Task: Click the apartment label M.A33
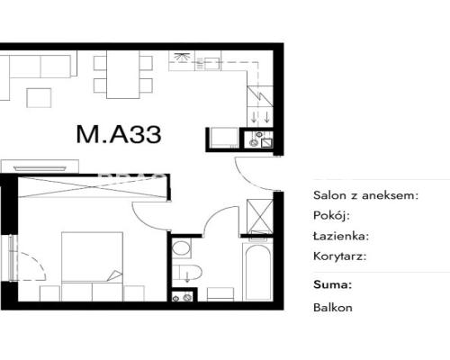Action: (x=119, y=134)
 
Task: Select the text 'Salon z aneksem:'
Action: (x=365, y=195)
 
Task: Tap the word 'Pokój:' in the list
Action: (x=331, y=215)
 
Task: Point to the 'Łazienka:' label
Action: (x=341, y=236)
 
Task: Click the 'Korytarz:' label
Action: (x=340, y=256)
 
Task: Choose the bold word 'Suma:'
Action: (x=332, y=284)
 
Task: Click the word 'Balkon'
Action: (x=333, y=308)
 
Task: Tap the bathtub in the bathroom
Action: (x=257, y=272)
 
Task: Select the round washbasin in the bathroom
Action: (x=181, y=248)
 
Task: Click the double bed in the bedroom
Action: (x=92, y=266)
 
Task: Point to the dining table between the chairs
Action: (x=123, y=75)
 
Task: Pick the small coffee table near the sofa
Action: (x=39, y=98)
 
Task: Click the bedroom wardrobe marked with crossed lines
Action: (x=93, y=187)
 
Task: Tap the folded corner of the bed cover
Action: (x=114, y=276)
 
